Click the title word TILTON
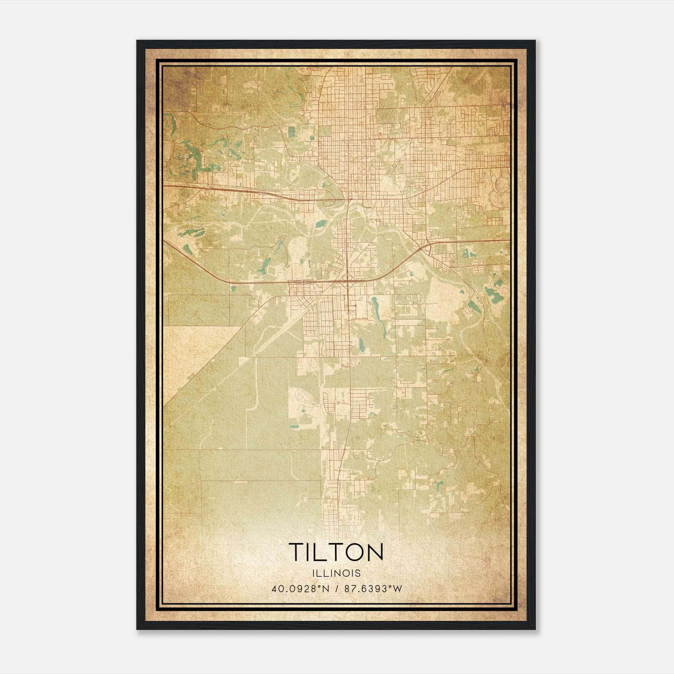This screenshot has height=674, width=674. [x=336, y=552]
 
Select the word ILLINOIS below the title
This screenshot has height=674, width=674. [x=336, y=573]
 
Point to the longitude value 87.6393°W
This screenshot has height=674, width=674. [x=373, y=589]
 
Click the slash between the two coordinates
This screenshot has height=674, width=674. [x=337, y=589]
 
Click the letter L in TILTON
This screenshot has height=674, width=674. [x=316, y=552]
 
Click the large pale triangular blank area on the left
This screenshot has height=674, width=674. [x=190, y=358]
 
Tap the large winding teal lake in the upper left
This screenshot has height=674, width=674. [x=192, y=160]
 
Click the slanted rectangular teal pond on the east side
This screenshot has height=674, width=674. [x=474, y=306]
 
